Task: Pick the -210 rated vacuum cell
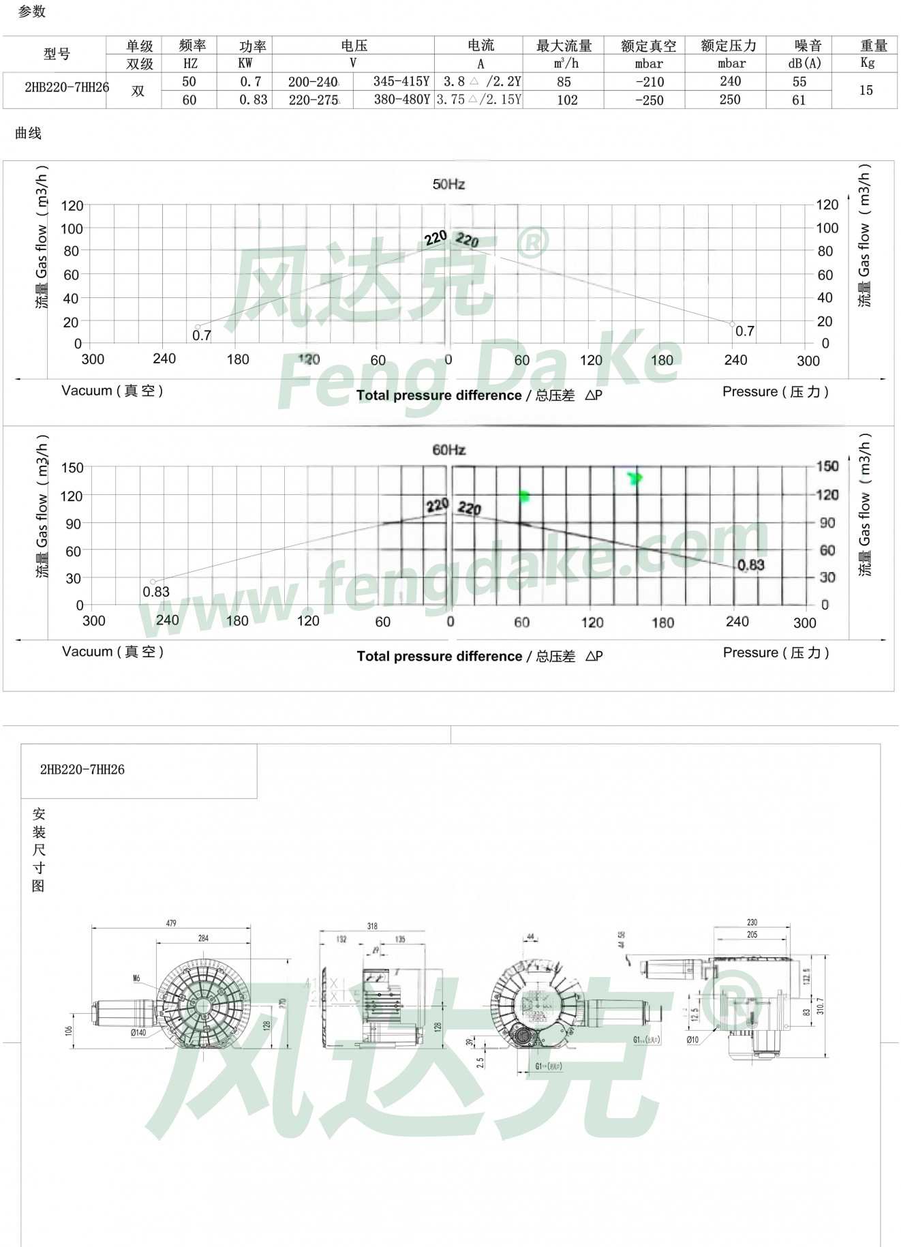pos(649,82)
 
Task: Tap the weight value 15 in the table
pos(866,90)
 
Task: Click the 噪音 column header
pos(808,46)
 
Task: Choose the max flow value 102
pos(567,100)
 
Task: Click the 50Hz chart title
pos(448,184)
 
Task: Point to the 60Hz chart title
pos(448,450)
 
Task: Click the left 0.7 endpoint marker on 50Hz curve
pos(198,327)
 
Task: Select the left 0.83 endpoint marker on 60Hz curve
pos(153,582)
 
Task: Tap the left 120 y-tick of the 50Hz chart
pos(72,206)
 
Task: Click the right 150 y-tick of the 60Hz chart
pos(827,466)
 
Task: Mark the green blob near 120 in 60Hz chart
pos(524,496)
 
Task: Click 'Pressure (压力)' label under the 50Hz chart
pos(775,392)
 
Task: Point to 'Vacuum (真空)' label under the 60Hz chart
pos(112,652)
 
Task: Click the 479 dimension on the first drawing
pos(171,923)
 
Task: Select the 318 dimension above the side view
pos(372,926)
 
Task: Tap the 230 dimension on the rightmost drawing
pos(752,922)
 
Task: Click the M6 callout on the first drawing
pos(136,978)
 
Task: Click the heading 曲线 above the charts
pos(28,134)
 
